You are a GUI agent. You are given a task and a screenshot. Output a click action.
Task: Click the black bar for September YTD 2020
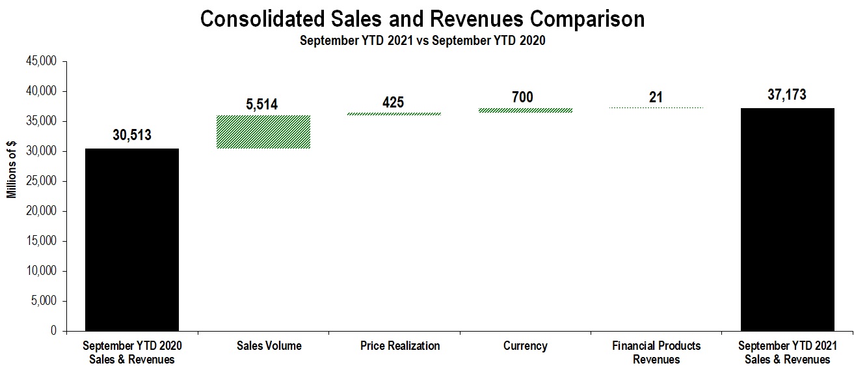(x=132, y=240)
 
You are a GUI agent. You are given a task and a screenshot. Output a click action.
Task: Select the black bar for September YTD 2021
(x=788, y=220)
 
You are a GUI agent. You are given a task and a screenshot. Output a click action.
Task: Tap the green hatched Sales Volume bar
(x=263, y=132)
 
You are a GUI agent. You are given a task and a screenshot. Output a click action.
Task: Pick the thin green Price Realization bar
(x=394, y=114)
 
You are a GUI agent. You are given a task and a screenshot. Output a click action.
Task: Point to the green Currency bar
(x=526, y=110)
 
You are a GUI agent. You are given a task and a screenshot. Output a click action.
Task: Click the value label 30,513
(x=132, y=136)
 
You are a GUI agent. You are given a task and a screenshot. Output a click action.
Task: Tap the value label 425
(x=393, y=102)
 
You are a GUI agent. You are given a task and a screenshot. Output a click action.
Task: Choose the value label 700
(x=522, y=97)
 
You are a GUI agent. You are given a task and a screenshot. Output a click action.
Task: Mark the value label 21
(x=656, y=97)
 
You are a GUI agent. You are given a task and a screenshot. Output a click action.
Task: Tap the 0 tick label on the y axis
(x=54, y=332)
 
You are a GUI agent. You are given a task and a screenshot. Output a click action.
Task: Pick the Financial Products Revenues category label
(x=656, y=352)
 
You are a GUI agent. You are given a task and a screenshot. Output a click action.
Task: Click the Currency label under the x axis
(x=525, y=346)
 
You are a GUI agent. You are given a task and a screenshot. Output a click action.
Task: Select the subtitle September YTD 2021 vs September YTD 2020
(x=422, y=40)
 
